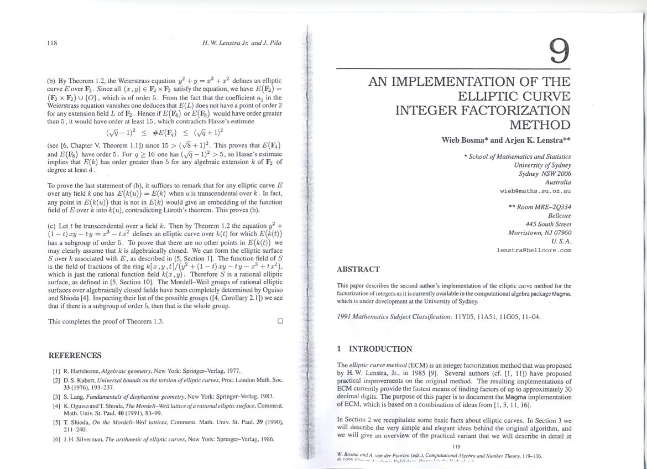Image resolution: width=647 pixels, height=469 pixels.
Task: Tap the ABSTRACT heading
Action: coord(358,269)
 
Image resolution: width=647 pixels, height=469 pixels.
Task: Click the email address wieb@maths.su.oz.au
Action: coord(535,191)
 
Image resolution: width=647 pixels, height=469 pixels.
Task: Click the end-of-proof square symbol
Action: coord(280,321)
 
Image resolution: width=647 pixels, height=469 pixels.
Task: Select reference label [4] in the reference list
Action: coord(56,405)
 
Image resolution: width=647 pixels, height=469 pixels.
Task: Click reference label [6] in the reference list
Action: coord(56,439)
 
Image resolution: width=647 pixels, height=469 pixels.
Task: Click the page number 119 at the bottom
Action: coord(456,446)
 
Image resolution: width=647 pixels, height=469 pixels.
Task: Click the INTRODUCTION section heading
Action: coord(380,349)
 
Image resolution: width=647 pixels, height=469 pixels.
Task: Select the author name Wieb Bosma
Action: coord(465,140)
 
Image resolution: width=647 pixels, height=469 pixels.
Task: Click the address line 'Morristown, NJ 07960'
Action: coord(539,233)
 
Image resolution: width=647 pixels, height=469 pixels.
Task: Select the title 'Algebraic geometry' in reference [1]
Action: coord(127,371)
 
